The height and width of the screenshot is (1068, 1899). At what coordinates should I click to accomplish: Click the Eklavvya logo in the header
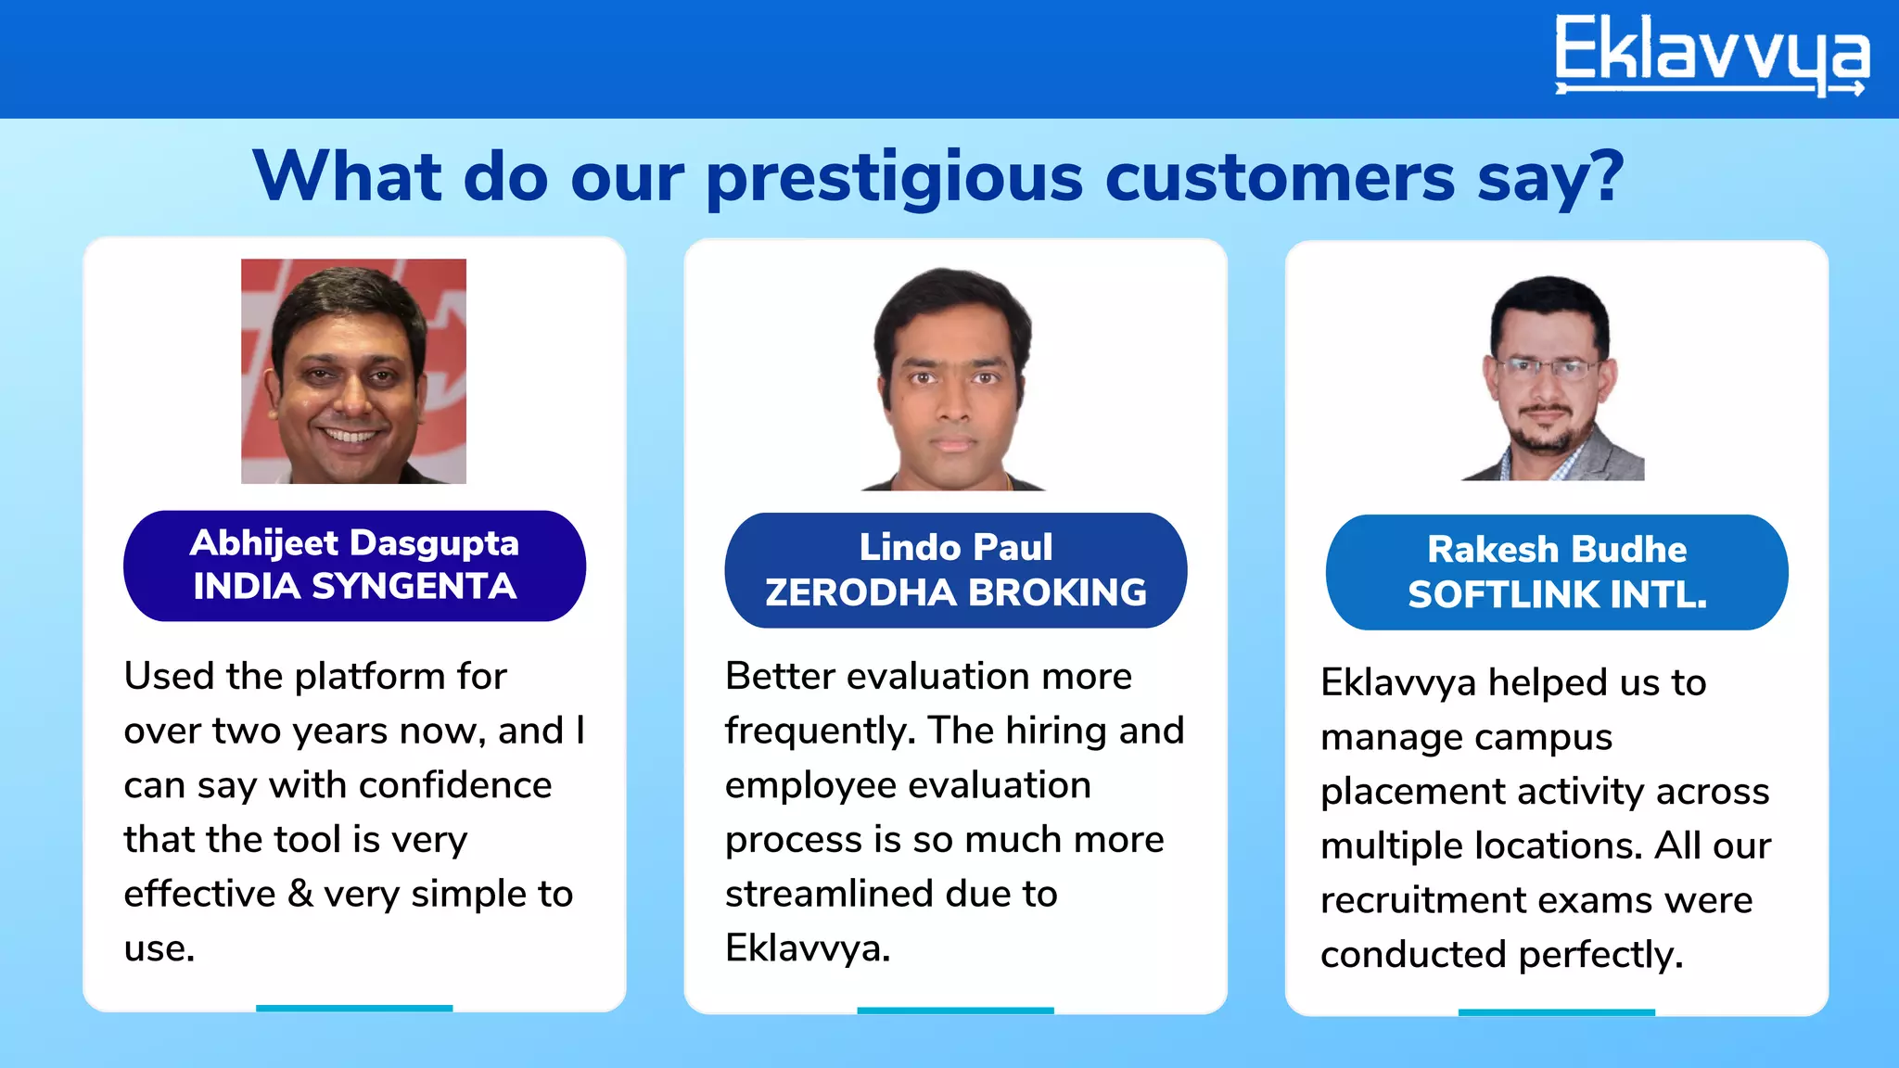click(x=1711, y=56)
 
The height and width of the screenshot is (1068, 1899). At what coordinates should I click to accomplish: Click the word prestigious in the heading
click(x=894, y=178)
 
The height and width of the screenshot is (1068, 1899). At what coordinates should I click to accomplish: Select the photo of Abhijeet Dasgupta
click(x=353, y=371)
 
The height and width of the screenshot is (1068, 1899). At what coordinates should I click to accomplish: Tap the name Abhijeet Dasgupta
click(x=354, y=543)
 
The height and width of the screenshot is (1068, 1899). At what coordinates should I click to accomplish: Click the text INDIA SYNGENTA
click(x=354, y=587)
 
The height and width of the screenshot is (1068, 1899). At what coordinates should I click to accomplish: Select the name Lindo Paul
click(x=955, y=547)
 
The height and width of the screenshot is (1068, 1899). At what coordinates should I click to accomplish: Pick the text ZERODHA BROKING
click(x=955, y=592)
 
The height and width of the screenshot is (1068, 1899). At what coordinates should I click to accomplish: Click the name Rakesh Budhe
click(x=1556, y=550)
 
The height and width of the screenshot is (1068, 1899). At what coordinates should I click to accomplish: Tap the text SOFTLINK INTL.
click(x=1556, y=594)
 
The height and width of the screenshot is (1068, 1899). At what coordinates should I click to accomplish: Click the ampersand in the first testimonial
click(x=300, y=894)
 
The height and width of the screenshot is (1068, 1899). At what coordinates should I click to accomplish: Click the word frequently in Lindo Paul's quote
click(x=820, y=731)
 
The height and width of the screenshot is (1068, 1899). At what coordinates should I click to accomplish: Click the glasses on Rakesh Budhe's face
click(x=1548, y=368)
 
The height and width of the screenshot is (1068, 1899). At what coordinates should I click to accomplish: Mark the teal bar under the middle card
click(x=955, y=1010)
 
